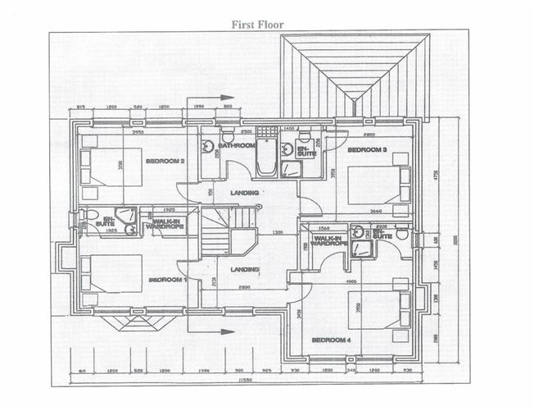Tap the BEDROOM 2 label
[x=165, y=161]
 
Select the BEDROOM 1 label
[x=168, y=280]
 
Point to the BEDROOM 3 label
[x=366, y=150]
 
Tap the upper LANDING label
[x=245, y=193]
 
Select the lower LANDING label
[x=245, y=269]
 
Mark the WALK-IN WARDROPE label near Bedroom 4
[x=330, y=240]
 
